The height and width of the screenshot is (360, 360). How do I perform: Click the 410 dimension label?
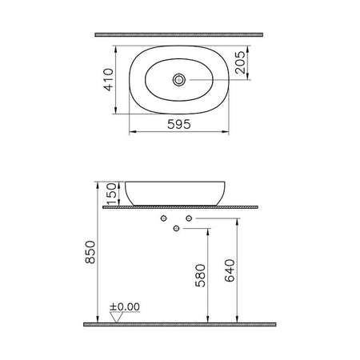pyautogui.click(x=109, y=80)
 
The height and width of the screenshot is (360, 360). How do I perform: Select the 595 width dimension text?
pyautogui.click(x=179, y=124)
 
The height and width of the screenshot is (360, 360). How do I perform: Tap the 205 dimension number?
pyautogui.click(x=241, y=62)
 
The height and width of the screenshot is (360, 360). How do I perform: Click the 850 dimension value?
pyautogui.click(x=90, y=252)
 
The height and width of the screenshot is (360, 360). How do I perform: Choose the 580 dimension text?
pyautogui.click(x=201, y=275)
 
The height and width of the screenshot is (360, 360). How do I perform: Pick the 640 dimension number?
pyautogui.click(x=230, y=270)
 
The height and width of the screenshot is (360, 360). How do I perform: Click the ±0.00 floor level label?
pyautogui.click(x=125, y=306)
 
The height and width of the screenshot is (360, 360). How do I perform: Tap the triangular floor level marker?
pyautogui.click(x=117, y=317)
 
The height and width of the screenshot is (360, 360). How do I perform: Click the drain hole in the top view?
pyautogui.click(x=179, y=80)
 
